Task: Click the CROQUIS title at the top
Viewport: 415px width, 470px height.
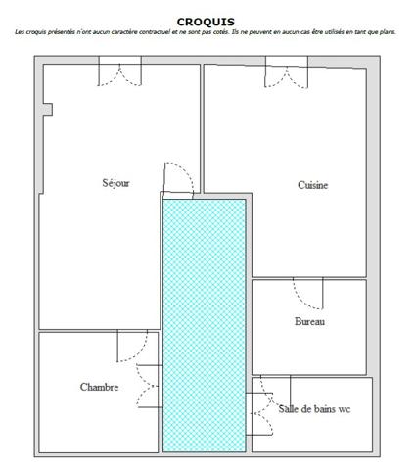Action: (206, 21)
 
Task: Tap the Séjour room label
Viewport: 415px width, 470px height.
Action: (115, 182)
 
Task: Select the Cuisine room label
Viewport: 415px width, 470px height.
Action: (312, 185)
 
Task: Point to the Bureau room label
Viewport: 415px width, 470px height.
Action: (309, 321)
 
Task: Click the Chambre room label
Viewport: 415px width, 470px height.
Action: (99, 387)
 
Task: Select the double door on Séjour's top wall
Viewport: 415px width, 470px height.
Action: (119, 71)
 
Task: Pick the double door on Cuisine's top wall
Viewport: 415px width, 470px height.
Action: (285, 71)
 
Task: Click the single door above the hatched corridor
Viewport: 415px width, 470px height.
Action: (178, 179)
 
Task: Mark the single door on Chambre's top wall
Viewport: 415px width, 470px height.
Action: (133, 346)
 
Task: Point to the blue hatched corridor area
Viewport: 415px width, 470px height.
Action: (204, 323)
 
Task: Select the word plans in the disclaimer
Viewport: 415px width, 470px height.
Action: (388, 32)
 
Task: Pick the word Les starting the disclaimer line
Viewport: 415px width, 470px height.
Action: (20, 32)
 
